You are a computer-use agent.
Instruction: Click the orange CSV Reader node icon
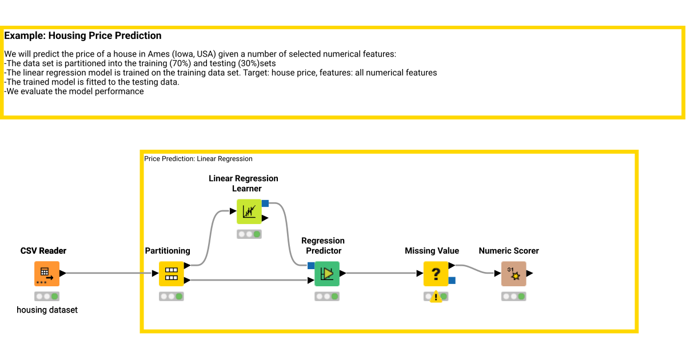pos(46,274)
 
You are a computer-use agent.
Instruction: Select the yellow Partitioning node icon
pos(171,274)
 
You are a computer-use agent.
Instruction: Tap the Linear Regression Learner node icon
pos(249,211)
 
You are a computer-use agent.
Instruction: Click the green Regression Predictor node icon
pos(327,274)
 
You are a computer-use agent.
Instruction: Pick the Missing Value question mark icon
pos(436,274)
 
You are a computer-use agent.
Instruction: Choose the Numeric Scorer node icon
pos(513,274)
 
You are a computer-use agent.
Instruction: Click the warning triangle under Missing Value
pos(436,297)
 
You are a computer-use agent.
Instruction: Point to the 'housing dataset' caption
pos(47,310)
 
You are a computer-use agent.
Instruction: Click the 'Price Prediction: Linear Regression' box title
pos(198,159)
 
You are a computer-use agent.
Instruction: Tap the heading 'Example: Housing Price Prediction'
pos(83,36)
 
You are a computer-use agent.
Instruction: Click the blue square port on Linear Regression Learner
pos(265,203)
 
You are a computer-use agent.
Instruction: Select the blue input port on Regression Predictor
pos(311,266)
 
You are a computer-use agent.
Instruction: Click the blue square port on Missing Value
pos(452,280)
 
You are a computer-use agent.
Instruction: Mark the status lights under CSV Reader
pos(46,297)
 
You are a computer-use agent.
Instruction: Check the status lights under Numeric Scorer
pos(513,297)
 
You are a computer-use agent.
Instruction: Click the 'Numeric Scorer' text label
pos(509,251)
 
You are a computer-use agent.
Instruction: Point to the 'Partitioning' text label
pos(167,251)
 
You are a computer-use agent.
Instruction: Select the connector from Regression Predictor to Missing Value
pos(380,273)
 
